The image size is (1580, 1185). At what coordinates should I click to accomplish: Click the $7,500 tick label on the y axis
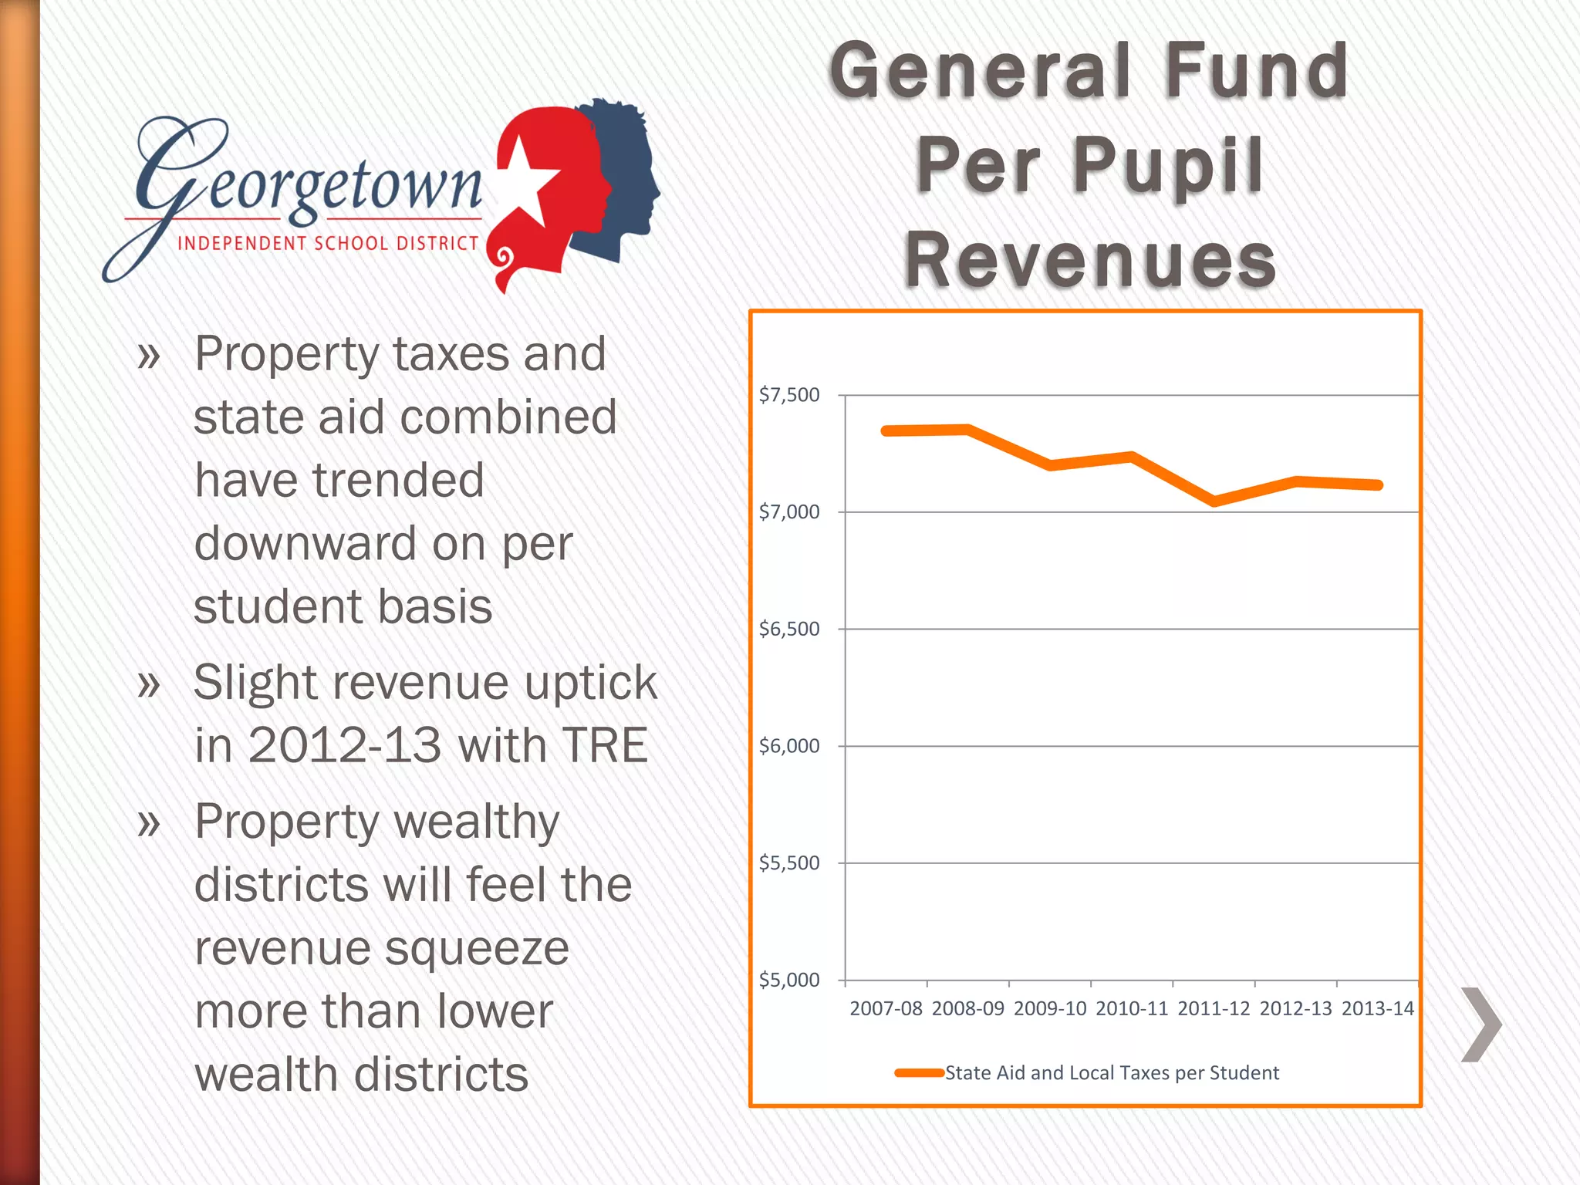pos(788,395)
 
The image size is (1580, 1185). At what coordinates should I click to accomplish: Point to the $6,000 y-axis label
pos(788,746)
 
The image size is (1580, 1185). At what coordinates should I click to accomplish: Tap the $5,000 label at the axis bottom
pos(788,980)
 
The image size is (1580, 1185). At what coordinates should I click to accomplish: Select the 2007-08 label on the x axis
pos(886,1008)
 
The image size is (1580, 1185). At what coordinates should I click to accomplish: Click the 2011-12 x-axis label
pos(1214,1008)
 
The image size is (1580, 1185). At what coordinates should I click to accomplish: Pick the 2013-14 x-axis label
pos(1378,1008)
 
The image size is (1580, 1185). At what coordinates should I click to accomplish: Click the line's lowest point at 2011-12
pos(1214,501)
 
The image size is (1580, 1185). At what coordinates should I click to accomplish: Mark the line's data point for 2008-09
pos(968,430)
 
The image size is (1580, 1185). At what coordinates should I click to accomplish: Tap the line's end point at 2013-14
pos(1379,485)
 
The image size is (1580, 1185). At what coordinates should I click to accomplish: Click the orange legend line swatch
pos(919,1072)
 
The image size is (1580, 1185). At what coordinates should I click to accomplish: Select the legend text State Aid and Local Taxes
pos(1112,1072)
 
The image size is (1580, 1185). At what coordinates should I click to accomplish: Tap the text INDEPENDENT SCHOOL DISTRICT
pos(328,244)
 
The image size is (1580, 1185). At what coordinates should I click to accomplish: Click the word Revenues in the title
pos(1090,259)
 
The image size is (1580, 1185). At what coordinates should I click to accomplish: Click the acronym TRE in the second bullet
pos(605,745)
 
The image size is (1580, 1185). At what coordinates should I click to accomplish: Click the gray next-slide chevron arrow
pos(1481,1025)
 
